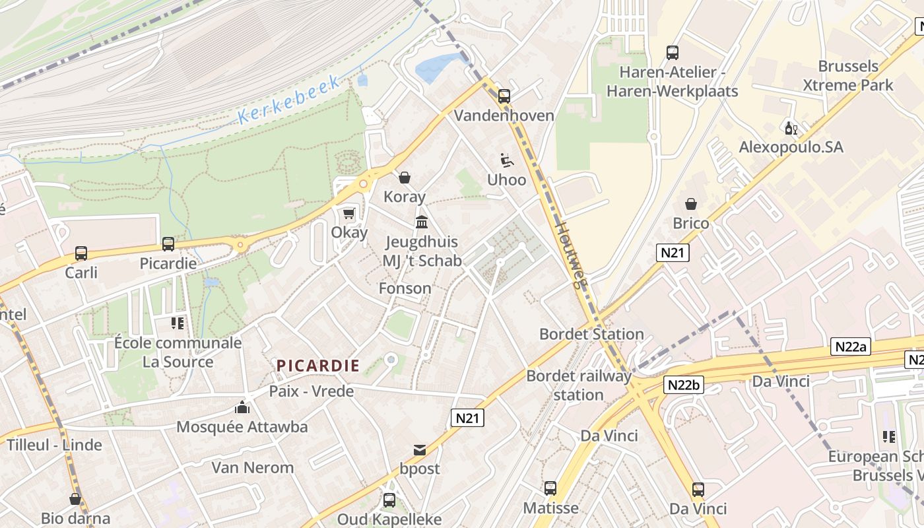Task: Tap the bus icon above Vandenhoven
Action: (504, 96)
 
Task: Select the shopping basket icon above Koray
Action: (405, 178)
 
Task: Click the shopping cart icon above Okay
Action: (348, 213)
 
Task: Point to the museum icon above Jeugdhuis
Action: (422, 222)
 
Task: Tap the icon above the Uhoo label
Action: (506, 160)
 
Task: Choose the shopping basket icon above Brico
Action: (691, 204)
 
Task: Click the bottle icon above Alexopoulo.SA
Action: (790, 127)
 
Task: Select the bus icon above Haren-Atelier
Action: (672, 53)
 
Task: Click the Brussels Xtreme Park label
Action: (847, 75)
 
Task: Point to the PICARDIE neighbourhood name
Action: (318, 366)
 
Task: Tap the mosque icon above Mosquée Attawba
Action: (242, 407)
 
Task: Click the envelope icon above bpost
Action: (419, 450)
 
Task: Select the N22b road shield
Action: (683, 385)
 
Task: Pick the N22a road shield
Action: (850, 346)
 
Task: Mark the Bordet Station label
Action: (591, 334)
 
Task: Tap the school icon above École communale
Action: (177, 323)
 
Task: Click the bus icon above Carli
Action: (81, 253)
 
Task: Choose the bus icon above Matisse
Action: (550, 488)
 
